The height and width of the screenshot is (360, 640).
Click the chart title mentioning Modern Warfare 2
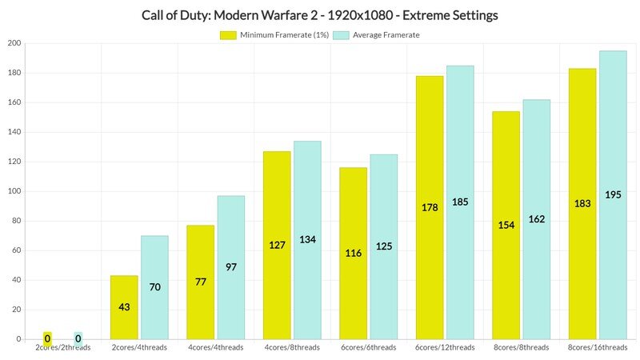(319, 15)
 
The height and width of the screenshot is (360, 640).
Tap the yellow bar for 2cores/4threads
(124, 307)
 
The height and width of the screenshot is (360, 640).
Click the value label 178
(430, 207)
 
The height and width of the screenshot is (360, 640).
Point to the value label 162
(536, 218)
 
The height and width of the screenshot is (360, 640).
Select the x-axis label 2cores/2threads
(63, 347)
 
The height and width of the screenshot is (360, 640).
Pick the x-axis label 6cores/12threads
(445, 347)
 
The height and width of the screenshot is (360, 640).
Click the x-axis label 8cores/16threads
(598, 347)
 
